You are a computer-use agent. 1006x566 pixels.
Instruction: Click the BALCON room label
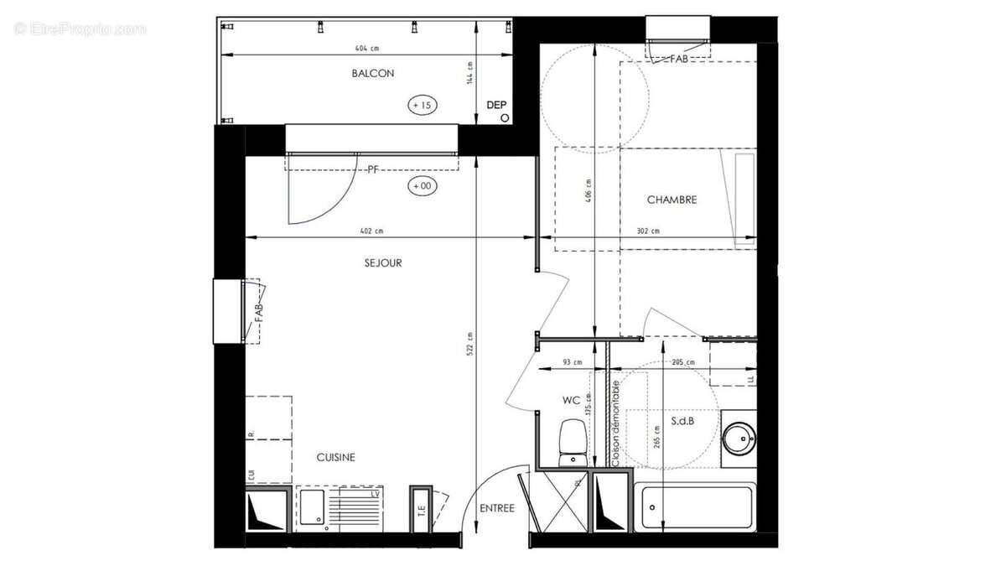[x=373, y=74]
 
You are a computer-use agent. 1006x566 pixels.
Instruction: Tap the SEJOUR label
[x=383, y=263]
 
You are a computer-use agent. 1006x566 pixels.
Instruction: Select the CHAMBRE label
[x=672, y=200]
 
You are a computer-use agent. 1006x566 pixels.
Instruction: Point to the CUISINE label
[x=335, y=458]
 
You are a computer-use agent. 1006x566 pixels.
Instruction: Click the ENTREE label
[x=497, y=509]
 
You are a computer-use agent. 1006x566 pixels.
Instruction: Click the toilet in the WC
[x=573, y=440]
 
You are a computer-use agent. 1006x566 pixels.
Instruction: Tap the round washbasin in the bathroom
[x=739, y=436]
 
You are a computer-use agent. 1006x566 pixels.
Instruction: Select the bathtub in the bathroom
[x=693, y=506]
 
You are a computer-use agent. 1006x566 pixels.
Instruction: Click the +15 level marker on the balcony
[x=422, y=105]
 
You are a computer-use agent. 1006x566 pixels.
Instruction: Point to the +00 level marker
[x=421, y=186]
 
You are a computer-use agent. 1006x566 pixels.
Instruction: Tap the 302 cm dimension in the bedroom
[x=648, y=231]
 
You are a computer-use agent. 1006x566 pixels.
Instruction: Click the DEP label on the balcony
[x=497, y=105]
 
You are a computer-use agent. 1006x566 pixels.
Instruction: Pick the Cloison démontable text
[x=616, y=423]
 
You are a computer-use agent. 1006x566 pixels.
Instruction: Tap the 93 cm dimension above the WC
[x=572, y=362]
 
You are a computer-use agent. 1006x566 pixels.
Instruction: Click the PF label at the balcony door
[x=374, y=169]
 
